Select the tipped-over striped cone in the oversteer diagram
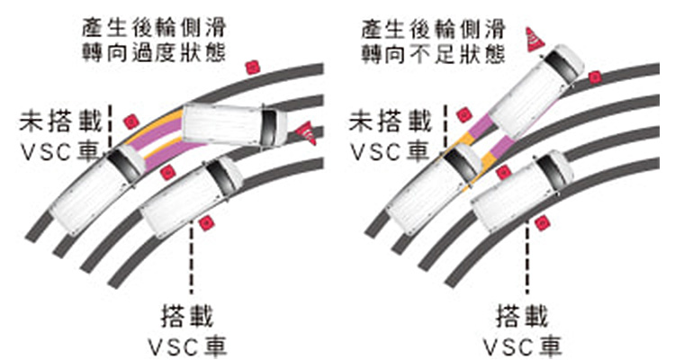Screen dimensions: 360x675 pos(306,133)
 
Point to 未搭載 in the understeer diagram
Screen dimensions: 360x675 pos(389,119)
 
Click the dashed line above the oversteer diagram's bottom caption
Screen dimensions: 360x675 pos(190,261)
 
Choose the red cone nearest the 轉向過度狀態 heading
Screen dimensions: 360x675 pos(252,67)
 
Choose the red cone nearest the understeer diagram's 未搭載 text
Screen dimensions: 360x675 pos(463,114)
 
